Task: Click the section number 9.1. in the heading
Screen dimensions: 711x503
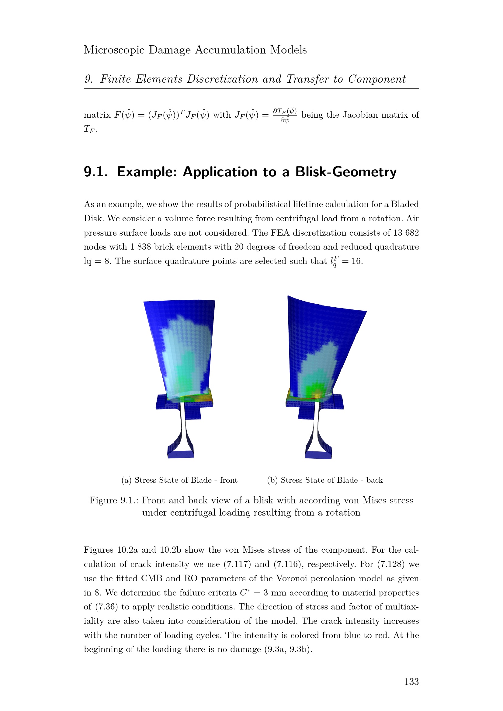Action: [x=96, y=172]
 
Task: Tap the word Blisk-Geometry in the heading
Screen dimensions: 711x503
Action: [x=346, y=172]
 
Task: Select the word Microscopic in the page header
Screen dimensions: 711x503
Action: [x=114, y=50]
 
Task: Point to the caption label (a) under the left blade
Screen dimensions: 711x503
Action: [x=127, y=480]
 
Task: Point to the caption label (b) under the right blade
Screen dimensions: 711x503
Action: [x=272, y=480]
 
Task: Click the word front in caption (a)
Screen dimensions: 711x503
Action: [x=229, y=480]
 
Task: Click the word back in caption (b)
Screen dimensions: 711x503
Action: [x=374, y=480]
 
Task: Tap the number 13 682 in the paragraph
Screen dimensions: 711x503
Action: [x=406, y=233]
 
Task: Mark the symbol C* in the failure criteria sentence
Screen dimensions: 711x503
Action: [x=245, y=593]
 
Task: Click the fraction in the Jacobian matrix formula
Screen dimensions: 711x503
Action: [x=285, y=115]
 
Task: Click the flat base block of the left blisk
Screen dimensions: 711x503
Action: [x=181, y=454]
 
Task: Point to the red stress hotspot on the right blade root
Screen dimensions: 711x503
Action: [x=317, y=395]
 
